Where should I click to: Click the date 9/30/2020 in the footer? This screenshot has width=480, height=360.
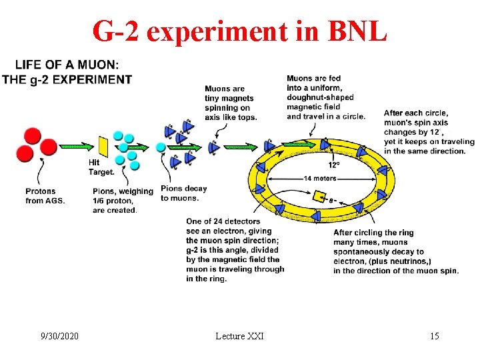tap(59, 335)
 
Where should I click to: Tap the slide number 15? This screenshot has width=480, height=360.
tap(434, 335)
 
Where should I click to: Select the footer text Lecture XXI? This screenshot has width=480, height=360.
tap(239, 335)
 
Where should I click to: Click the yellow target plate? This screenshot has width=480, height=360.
tap(103, 147)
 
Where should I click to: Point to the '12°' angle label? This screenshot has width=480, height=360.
tap(334, 165)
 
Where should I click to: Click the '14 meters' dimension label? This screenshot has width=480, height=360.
tap(320, 179)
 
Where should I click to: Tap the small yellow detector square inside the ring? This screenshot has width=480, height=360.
tap(319, 196)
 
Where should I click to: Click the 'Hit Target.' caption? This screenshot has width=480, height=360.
tap(101, 167)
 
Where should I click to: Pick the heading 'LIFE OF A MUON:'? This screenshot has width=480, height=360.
tap(67, 65)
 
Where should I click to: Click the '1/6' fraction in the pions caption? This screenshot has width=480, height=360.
tap(100, 201)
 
